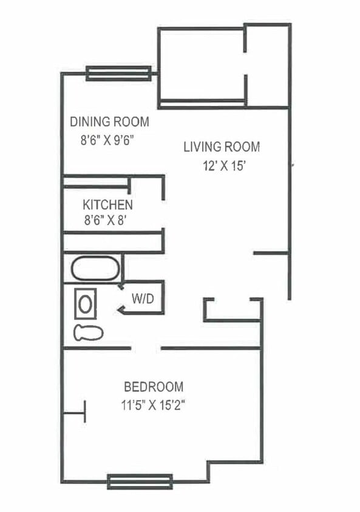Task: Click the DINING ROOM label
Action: click(109, 122)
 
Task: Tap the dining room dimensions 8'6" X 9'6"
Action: click(107, 141)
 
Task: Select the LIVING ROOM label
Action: click(222, 147)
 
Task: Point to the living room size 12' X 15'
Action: click(224, 166)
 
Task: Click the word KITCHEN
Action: click(108, 205)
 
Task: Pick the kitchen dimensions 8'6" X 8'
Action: click(106, 220)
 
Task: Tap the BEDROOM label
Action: click(154, 387)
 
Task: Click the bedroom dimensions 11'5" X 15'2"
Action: click(153, 406)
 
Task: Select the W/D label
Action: click(143, 298)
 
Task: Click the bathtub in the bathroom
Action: click(95, 268)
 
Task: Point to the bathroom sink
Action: click(86, 304)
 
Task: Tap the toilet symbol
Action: click(89, 332)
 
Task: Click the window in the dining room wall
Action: click(118, 73)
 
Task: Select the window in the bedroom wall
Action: click(140, 482)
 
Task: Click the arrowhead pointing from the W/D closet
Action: click(121, 310)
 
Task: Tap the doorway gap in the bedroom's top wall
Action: click(146, 348)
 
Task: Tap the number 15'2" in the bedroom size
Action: click(172, 406)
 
